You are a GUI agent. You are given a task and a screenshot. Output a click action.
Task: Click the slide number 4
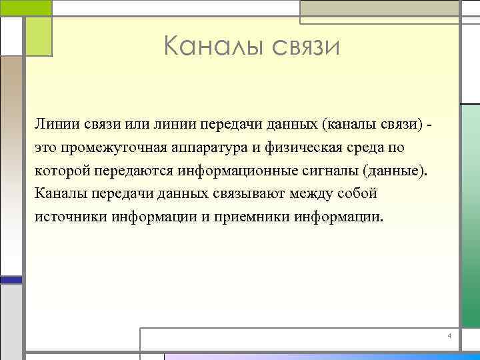tap(449, 334)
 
